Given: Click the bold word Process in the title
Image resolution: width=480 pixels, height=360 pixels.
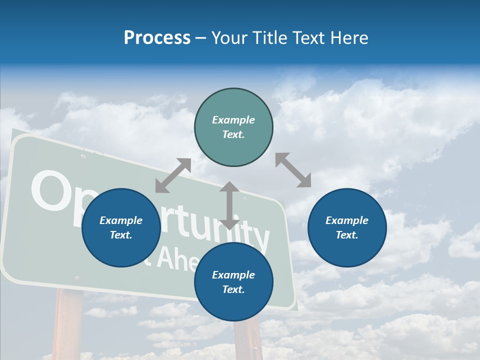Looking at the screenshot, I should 157,37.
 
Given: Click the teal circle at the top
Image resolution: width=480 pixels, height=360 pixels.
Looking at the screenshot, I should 233,127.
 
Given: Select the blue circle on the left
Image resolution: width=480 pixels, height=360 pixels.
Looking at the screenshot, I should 121,227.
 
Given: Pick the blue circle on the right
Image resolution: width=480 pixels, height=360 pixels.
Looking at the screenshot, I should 347,227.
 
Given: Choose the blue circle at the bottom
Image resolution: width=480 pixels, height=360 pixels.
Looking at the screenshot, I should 233,282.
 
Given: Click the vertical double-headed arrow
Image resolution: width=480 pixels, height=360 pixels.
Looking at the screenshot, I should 229,205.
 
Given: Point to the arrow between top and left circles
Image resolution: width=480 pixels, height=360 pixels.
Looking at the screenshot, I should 173,175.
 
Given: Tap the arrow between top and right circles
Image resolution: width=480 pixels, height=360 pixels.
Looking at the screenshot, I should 293,170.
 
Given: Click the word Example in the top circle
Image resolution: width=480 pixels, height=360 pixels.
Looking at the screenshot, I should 233,120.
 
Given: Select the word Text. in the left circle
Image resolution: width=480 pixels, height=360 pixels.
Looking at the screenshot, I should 121,235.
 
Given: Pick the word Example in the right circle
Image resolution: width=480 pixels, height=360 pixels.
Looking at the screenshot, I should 347,220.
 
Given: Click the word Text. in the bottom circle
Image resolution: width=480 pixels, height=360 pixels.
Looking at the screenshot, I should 233,289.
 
